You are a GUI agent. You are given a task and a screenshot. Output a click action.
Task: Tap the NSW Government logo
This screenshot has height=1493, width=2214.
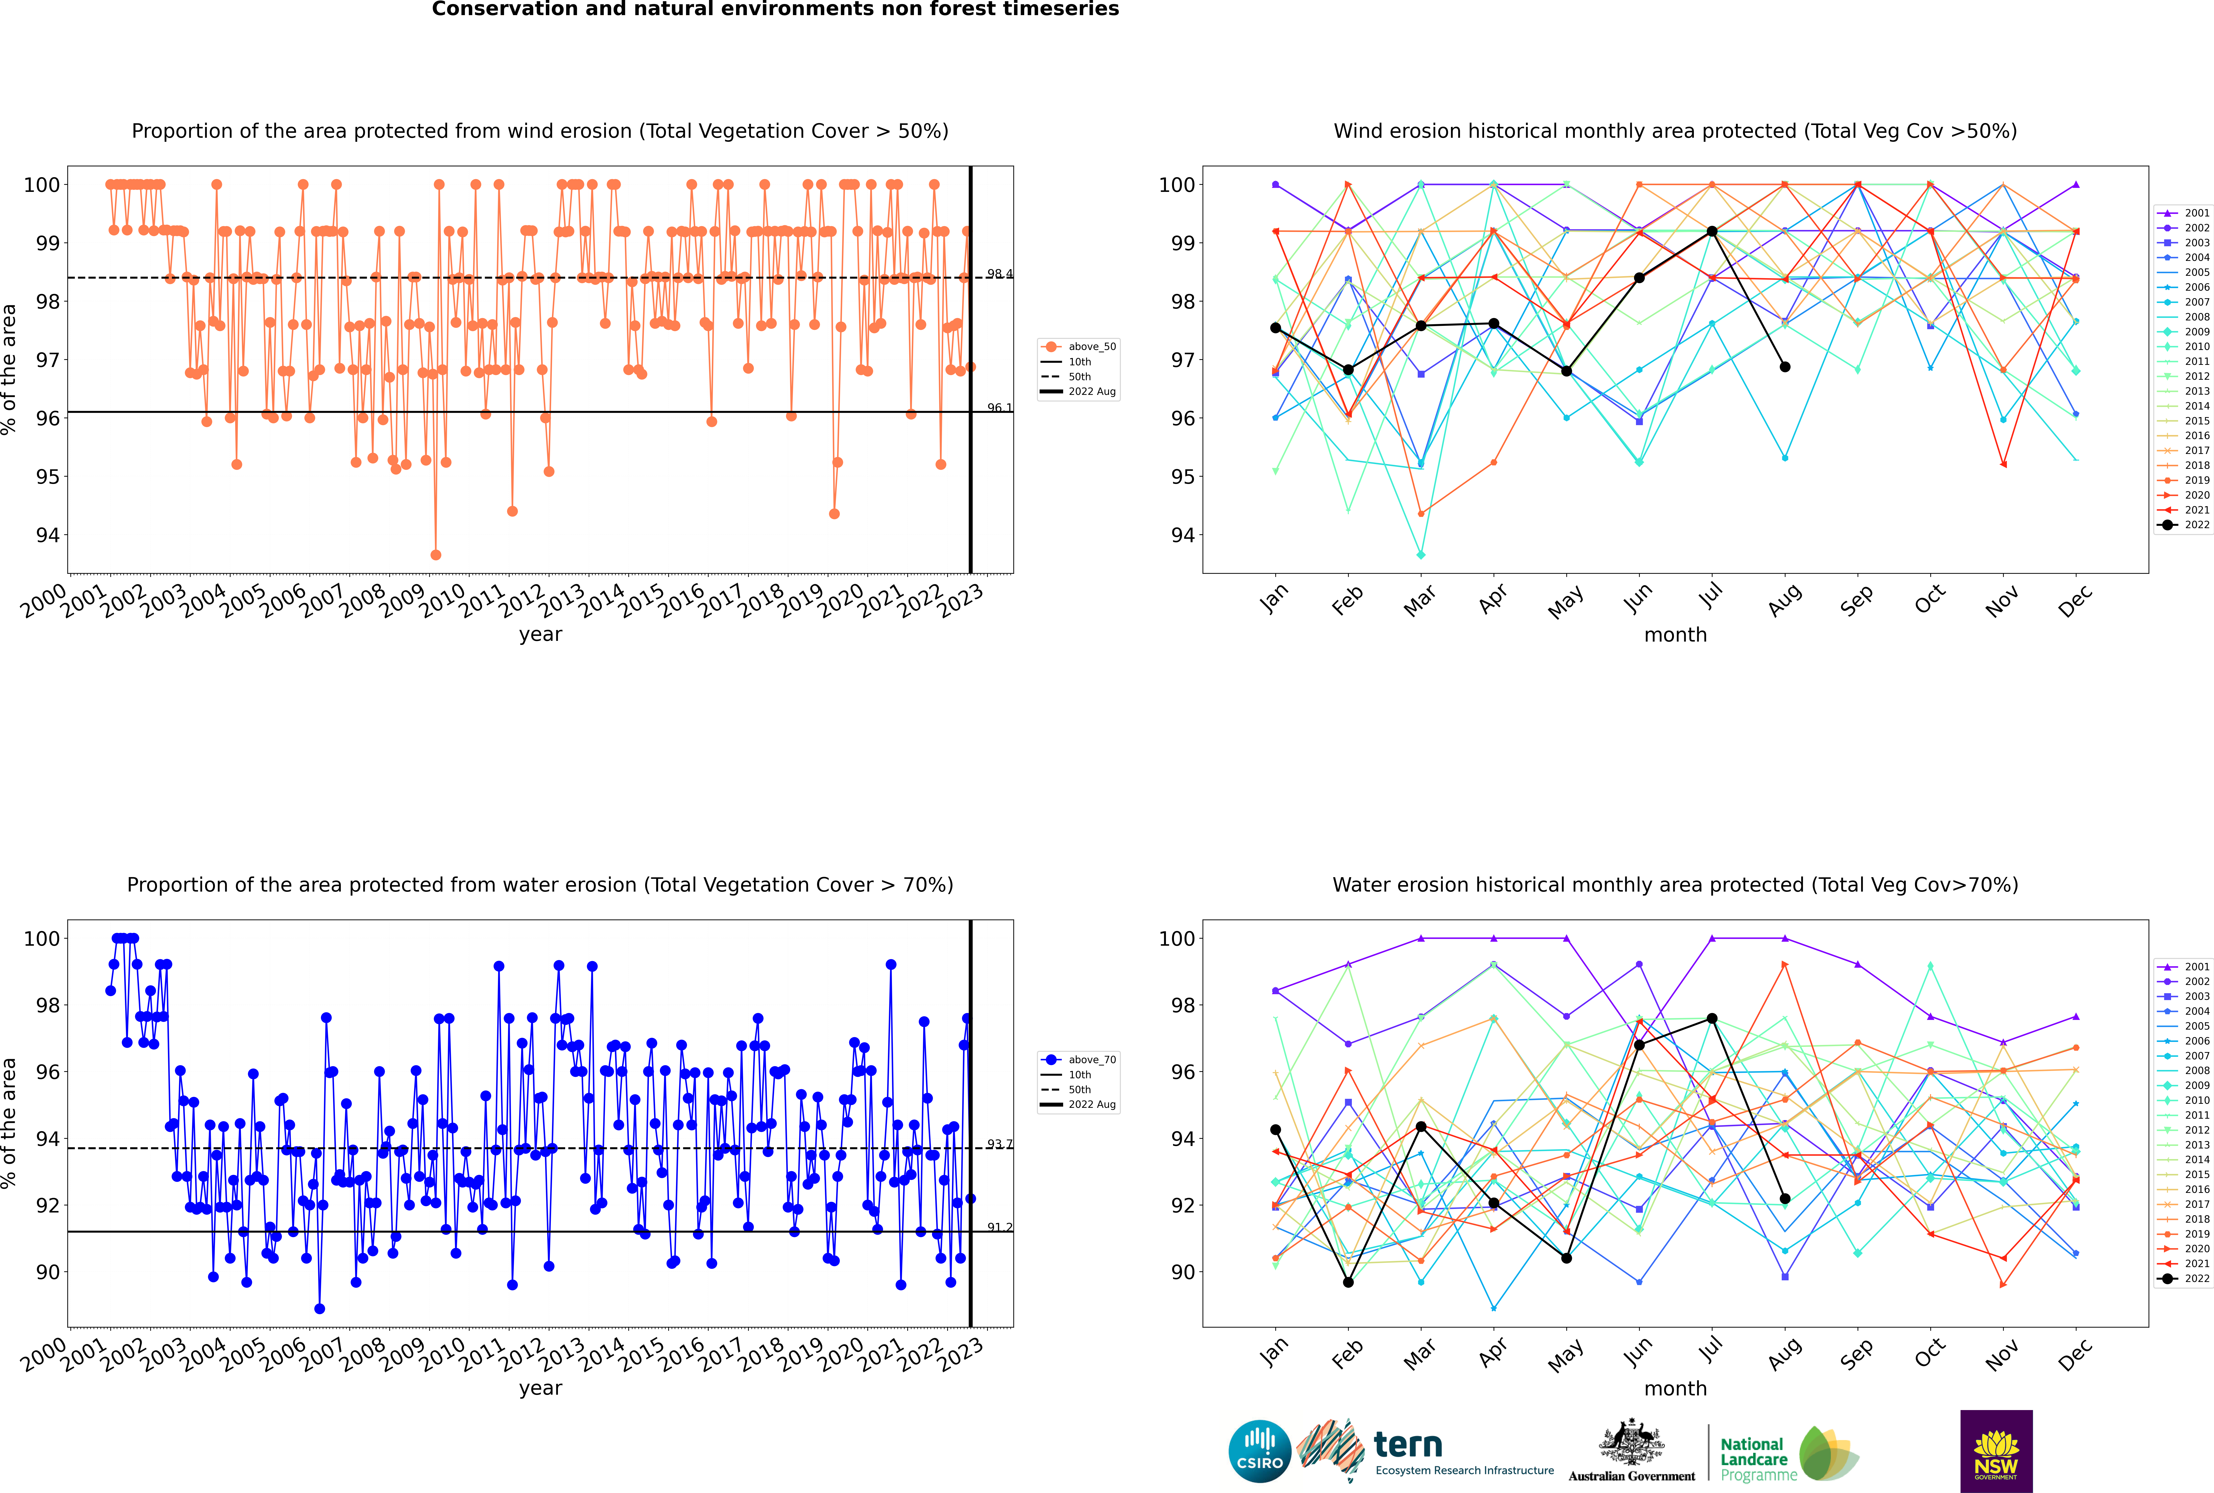point(1996,1450)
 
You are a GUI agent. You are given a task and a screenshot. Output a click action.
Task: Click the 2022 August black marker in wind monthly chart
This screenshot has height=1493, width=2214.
point(1785,367)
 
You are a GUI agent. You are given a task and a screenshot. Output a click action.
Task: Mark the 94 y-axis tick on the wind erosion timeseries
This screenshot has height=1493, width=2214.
point(47,535)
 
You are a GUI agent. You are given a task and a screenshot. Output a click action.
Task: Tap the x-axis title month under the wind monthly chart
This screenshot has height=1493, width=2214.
point(1675,635)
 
